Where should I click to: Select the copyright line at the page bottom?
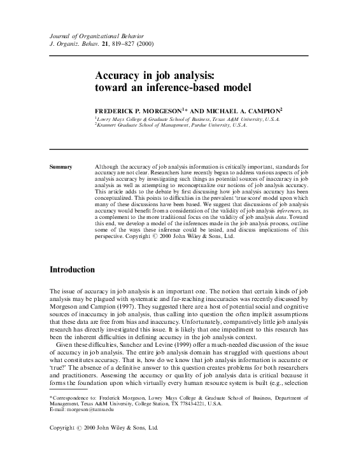[103, 447]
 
